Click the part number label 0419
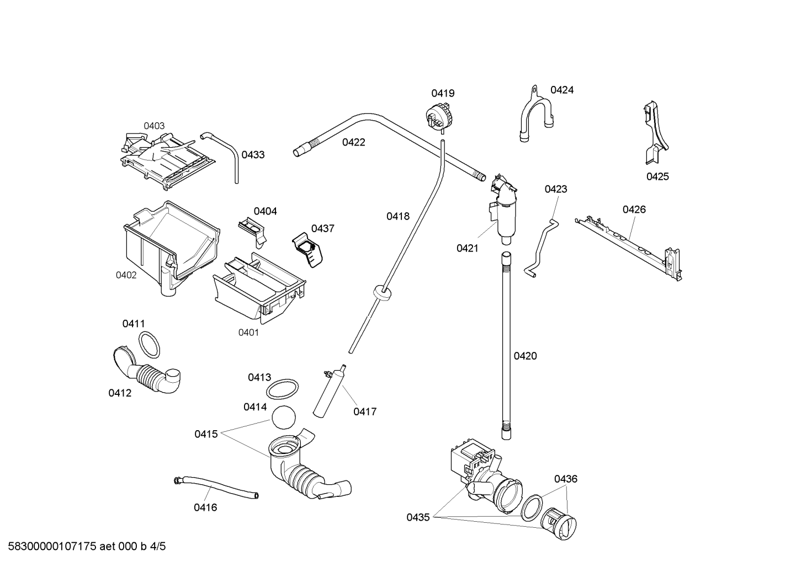coord(443,93)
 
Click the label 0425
coord(657,176)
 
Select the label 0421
coord(468,249)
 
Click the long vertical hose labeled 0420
coord(506,346)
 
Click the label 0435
coord(418,518)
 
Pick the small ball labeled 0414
coord(283,418)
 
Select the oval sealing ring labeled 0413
coord(283,389)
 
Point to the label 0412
coord(120,393)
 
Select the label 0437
coord(323,229)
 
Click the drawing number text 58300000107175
coord(52,547)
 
